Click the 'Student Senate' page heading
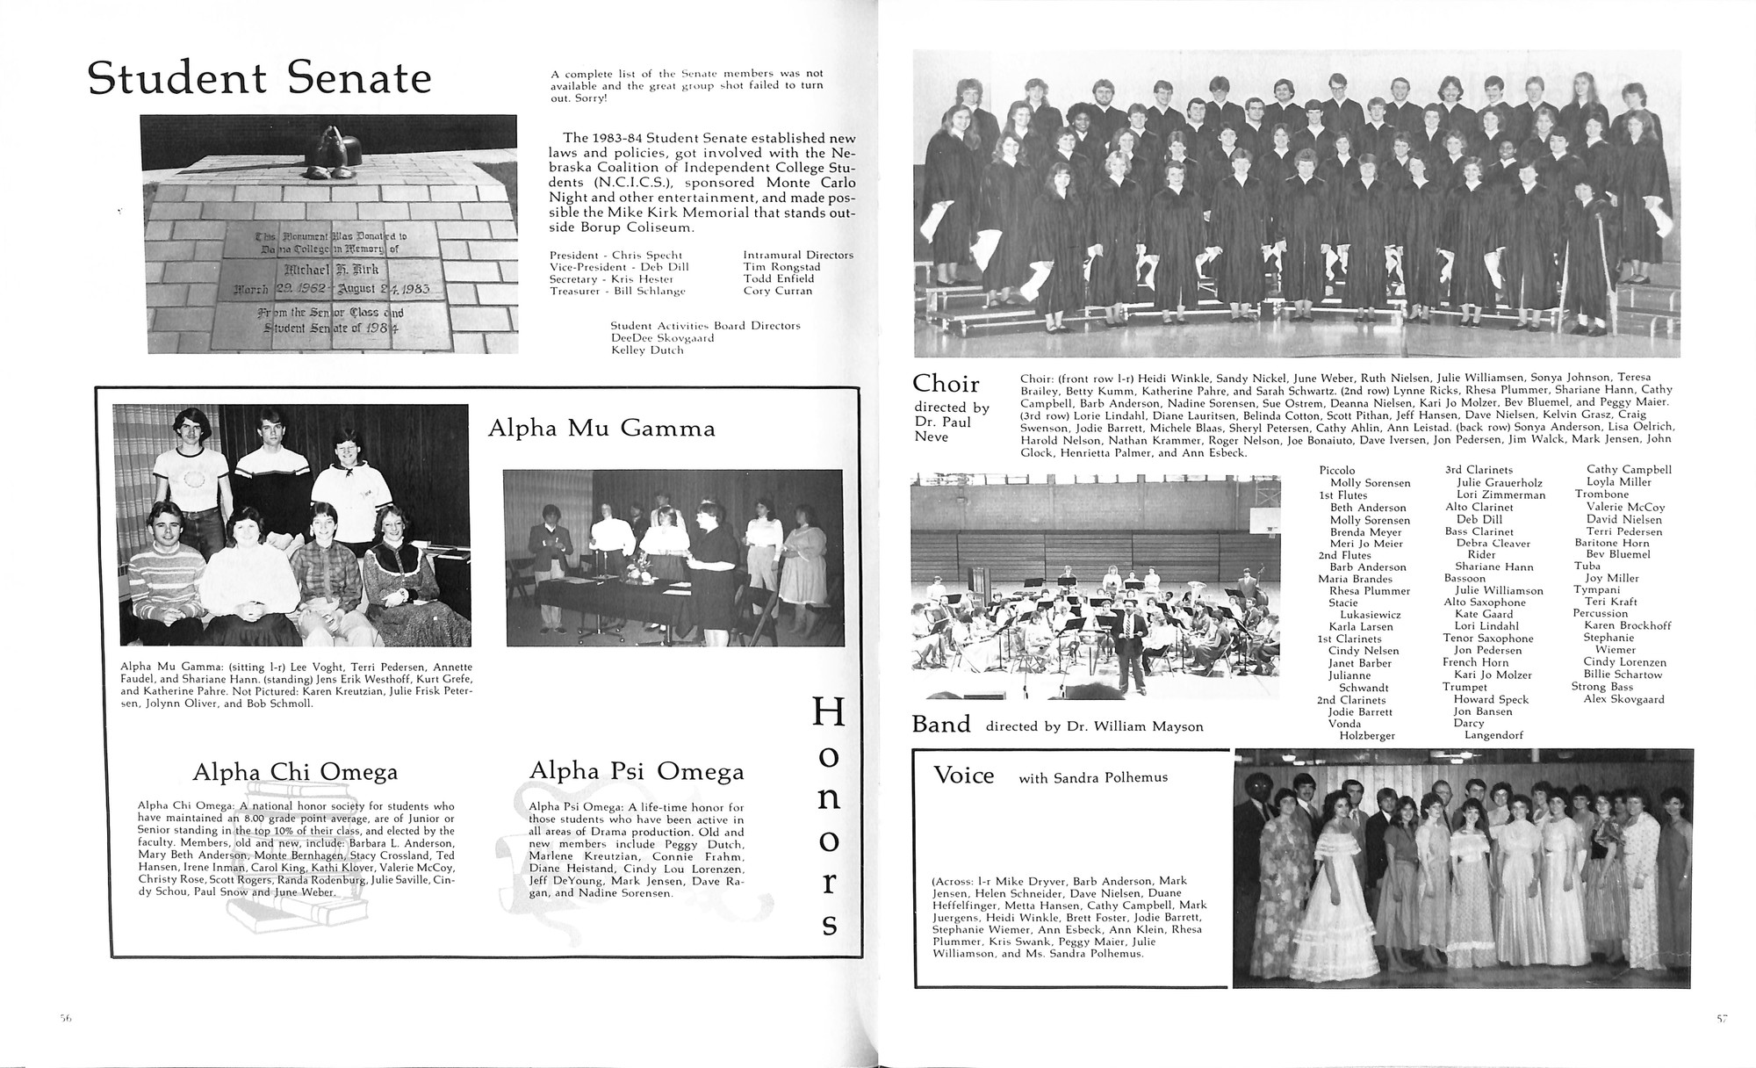coord(260,79)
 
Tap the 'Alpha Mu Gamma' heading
coord(601,429)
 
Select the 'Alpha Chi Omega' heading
coord(295,772)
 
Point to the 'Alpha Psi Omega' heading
coord(637,771)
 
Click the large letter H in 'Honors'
coord(829,712)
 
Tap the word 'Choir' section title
coord(946,384)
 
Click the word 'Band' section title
coord(941,725)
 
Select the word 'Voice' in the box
coord(963,776)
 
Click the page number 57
coord(1722,1019)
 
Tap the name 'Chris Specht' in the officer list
coord(647,256)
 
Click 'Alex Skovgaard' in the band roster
coord(1623,699)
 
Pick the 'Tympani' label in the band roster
coord(1595,590)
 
